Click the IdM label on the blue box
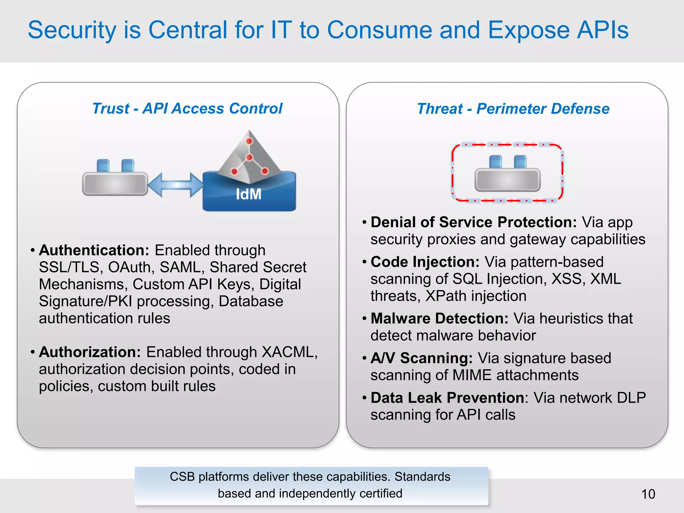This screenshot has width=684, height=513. (248, 194)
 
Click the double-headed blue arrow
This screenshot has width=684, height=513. (175, 185)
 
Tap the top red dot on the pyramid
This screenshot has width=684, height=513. (249, 141)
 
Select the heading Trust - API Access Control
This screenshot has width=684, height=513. (187, 109)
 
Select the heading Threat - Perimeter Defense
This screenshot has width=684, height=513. (513, 109)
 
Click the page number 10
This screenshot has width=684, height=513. (648, 494)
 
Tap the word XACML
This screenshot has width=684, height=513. (288, 352)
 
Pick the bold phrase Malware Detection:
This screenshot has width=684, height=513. (439, 318)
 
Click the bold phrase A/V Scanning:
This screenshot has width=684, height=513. (421, 358)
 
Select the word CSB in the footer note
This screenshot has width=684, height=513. (182, 477)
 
